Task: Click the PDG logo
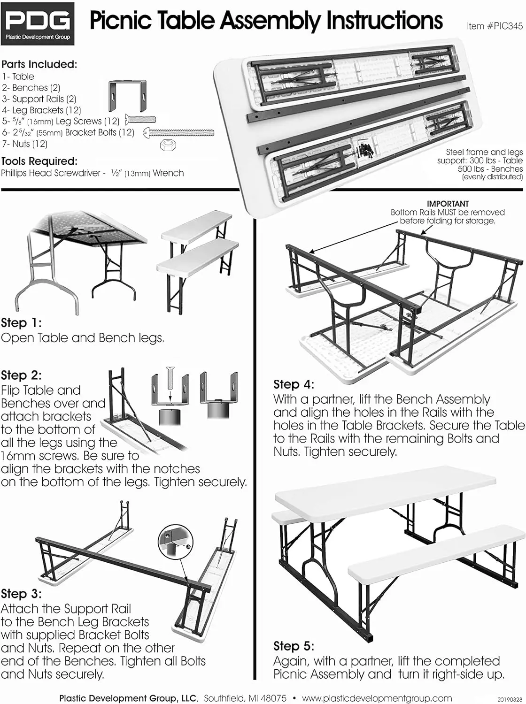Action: click(x=38, y=23)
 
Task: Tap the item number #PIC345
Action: click(x=495, y=26)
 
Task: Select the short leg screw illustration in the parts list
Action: click(x=140, y=120)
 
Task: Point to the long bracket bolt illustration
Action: click(x=178, y=133)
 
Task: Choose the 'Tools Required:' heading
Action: click(x=39, y=161)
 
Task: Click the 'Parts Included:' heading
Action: click(x=39, y=64)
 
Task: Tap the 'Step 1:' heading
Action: click(x=21, y=323)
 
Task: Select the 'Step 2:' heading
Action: click(x=21, y=375)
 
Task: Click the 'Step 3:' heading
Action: click(x=21, y=594)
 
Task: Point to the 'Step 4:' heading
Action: click(x=294, y=384)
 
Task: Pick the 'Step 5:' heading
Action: click(x=294, y=646)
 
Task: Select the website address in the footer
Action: click(x=377, y=698)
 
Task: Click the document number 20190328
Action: click(x=509, y=700)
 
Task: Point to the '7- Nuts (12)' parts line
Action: click(x=24, y=144)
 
